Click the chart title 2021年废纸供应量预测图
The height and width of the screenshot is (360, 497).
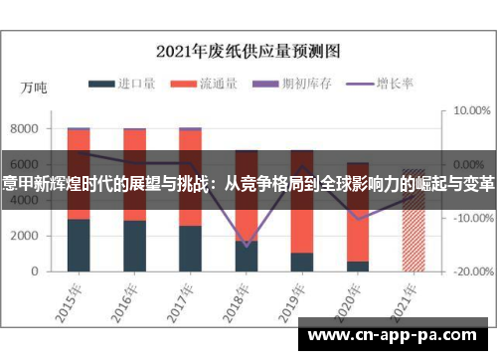tap(248, 51)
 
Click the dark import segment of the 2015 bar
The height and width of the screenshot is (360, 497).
tap(79, 245)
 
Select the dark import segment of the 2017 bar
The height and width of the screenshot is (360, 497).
tap(190, 249)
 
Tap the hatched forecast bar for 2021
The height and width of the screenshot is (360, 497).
tap(414, 239)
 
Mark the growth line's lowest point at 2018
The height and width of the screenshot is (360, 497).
tap(247, 246)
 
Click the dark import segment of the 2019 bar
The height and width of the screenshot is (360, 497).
tap(302, 262)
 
